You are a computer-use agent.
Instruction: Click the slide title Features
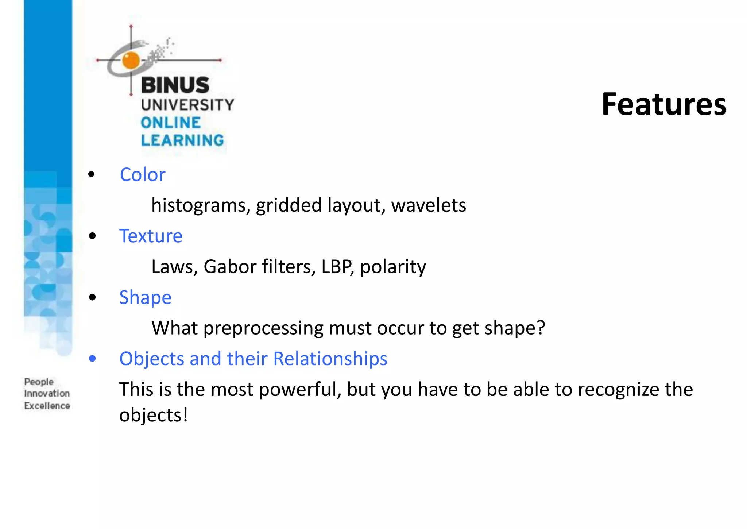pyautogui.click(x=664, y=105)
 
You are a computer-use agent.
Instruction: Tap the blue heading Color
pyautogui.click(x=142, y=175)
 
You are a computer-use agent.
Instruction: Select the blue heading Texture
pyautogui.click(x=151, y=236)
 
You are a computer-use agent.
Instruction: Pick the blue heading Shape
pyautogui.click(x=145, y=297)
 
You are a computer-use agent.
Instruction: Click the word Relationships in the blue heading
pyautogui.click(x=330, y=359)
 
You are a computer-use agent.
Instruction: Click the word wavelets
pyautogui.click(x=429, y=205)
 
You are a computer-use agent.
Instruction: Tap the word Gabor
pyautogui.click(x=230, y=267)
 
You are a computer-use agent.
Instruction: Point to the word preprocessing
pyautogui.click(x=263, y=328)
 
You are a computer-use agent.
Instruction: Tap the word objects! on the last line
pyautogui.click(x=154, y=415)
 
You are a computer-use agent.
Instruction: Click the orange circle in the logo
pyautogui.click(x=131, y=60)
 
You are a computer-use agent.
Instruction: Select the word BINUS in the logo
pyautogui.click(x=175, y=85)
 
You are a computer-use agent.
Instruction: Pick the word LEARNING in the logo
pyautogui.click(x=182, y=140)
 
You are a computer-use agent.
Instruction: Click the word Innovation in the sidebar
pyautogui.click(x=47, y=394)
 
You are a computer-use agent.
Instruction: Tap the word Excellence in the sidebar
pyautogui.click(x=47, y=406)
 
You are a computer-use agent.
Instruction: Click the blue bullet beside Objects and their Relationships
pyautogui.click(x=92, y=359)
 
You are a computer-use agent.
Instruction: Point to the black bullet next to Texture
pyautogui.click(x=92, y=236)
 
